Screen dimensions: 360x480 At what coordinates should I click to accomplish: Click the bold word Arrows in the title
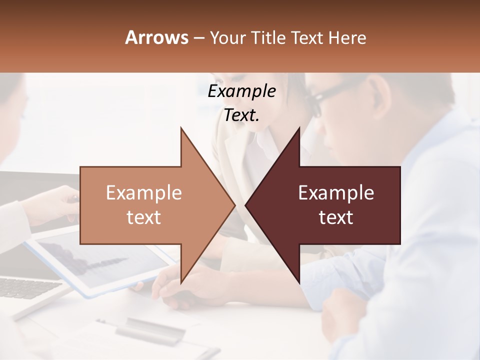[x=156, y=37]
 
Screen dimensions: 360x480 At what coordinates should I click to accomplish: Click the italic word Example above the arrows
[x=242, y=91]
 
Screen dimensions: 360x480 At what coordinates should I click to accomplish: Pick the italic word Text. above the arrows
[x=242, y=115]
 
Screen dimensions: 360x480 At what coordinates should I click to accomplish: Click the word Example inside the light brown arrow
[x=144, y=192]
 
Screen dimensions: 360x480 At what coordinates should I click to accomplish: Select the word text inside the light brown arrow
[x=144, y=217]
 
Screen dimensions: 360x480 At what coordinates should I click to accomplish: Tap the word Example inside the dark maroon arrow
[x=336, y=192]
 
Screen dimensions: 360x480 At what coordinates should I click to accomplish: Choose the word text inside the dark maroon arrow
[x=336, y=217]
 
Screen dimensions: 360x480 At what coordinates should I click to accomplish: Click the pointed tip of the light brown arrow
[x=234, y=205]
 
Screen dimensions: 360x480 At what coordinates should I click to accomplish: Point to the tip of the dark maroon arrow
[x=246, y=205]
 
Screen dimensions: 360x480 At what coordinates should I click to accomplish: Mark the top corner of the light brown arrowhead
[x=181, y=128]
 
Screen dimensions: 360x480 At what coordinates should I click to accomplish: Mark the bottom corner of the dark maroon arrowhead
[x=299, y=283]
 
